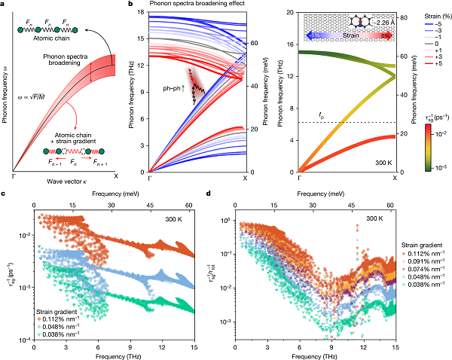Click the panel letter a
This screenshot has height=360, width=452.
5,6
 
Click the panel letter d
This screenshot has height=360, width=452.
209,194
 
